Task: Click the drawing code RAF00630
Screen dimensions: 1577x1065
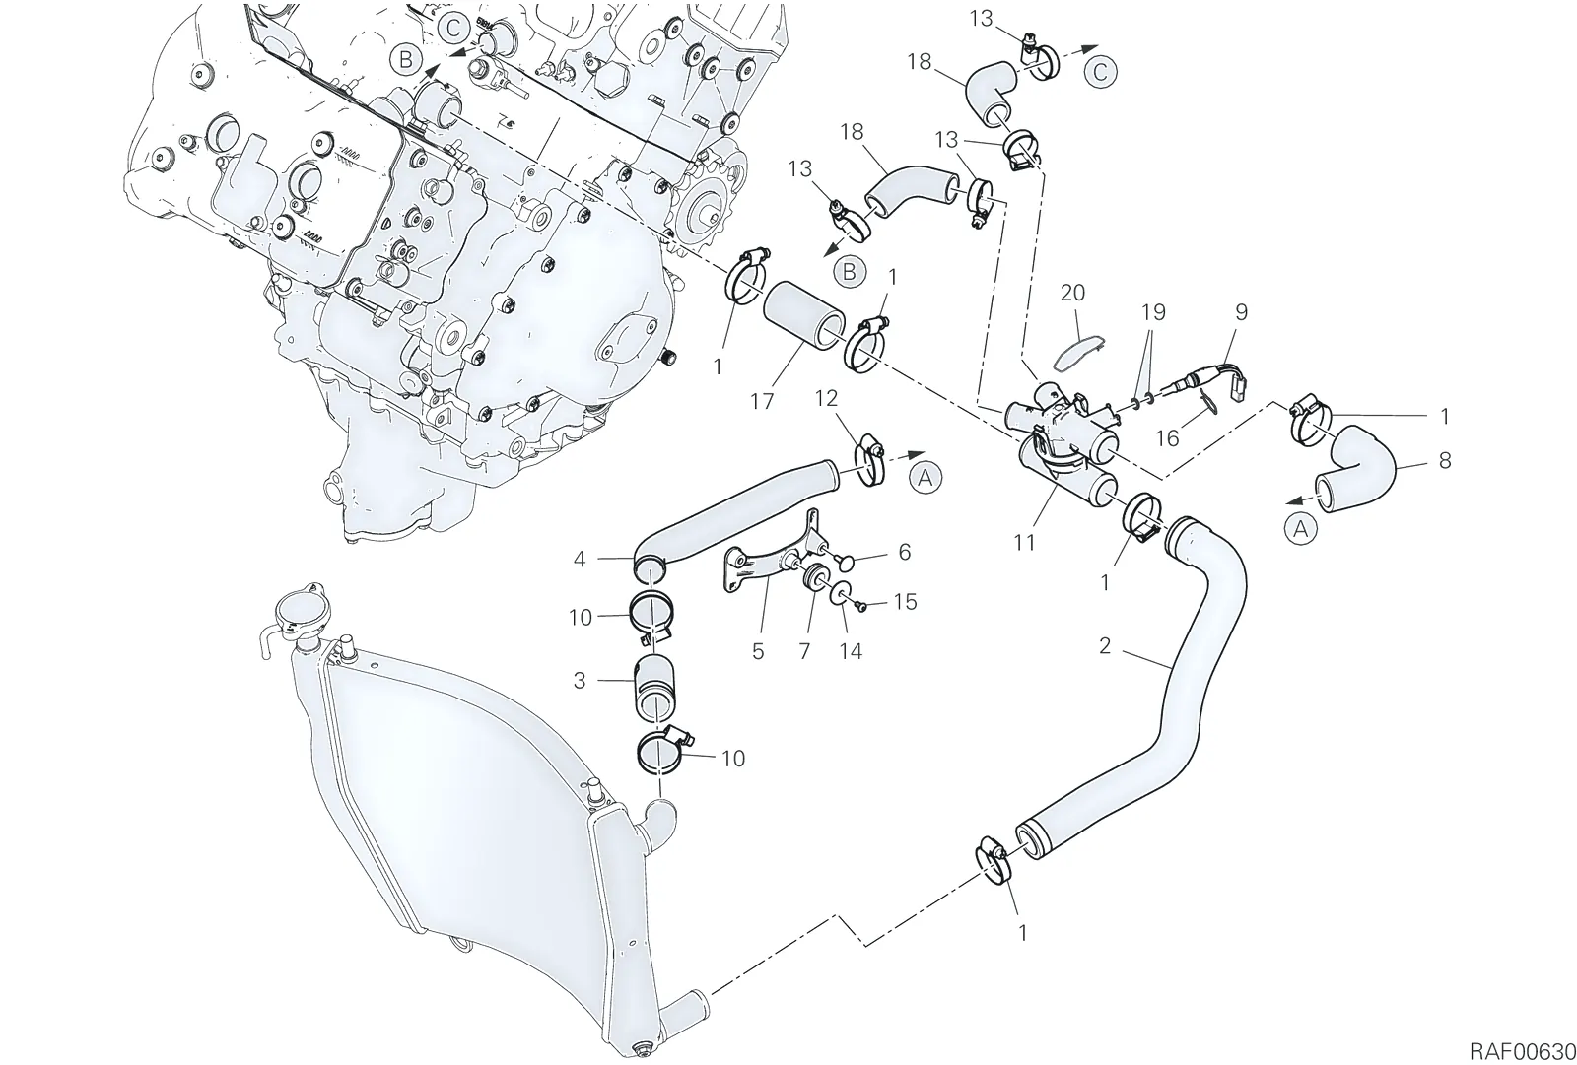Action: (1522, 1032)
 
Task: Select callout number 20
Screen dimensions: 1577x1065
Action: (1072, 293)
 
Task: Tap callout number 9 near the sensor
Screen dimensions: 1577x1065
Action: (1241, 312)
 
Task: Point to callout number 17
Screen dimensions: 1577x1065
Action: (762, 401)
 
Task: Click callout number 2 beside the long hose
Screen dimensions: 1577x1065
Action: (1105, 646)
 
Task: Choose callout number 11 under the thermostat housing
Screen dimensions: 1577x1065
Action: (1024, 543)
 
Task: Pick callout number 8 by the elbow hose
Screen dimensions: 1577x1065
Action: (1445, 461)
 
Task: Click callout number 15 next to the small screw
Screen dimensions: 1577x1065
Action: (906, 602)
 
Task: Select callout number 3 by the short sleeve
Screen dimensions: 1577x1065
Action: (580, 681)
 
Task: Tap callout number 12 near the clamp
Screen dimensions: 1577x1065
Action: (827, 398)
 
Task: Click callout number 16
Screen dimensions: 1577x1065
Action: (1167, 438)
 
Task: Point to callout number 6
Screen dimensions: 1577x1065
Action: (904, 552)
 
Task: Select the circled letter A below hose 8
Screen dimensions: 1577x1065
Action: (1300, 529)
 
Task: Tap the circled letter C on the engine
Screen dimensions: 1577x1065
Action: (454, 29)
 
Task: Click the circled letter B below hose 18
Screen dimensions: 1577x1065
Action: (849, 272)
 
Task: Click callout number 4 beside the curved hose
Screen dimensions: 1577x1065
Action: (580, 560)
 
